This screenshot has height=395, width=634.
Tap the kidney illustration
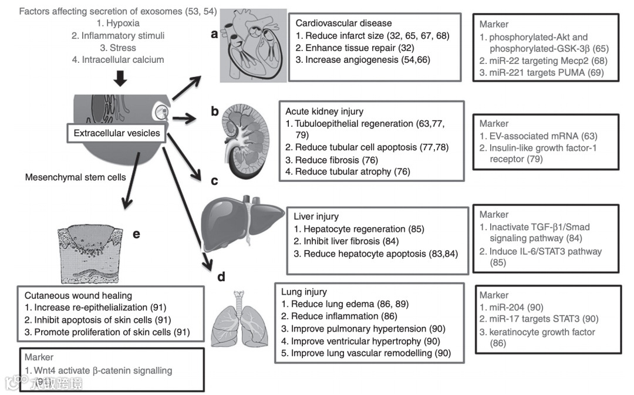243,141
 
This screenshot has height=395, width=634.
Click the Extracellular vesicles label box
117,133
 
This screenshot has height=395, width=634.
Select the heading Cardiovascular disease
343,23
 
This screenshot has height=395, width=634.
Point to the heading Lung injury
304,292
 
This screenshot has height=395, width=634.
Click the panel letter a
214,34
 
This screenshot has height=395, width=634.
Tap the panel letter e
136,234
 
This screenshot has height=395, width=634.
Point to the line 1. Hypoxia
118,23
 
